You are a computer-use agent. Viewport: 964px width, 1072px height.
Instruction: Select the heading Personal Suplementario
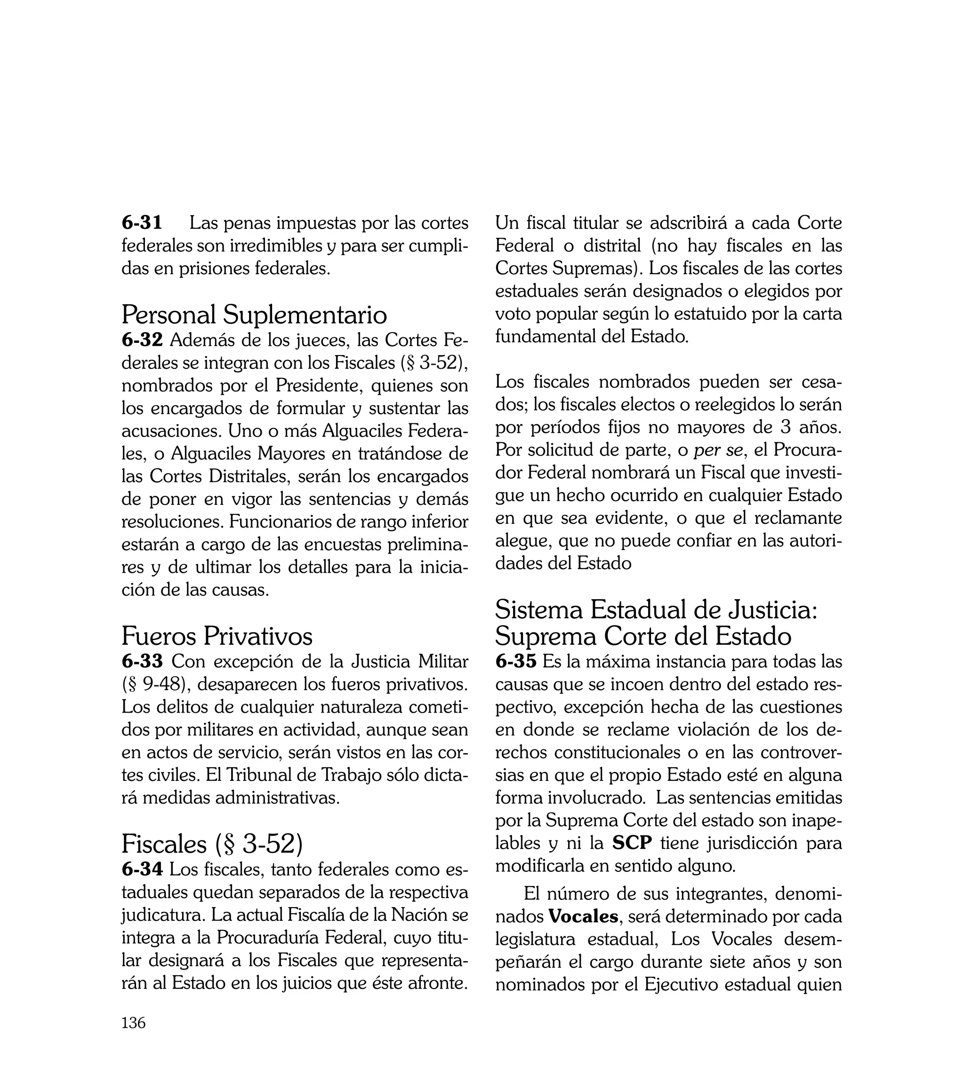[254, 315]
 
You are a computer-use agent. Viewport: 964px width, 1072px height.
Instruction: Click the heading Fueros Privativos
[217, 636]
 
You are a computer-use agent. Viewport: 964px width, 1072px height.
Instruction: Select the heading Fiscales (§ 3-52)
[212, 844]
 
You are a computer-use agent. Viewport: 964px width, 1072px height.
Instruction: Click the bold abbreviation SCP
[632, 843]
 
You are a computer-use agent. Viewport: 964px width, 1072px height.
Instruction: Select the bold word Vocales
[583, 916]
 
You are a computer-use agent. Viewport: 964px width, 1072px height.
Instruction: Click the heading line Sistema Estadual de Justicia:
[656, 610]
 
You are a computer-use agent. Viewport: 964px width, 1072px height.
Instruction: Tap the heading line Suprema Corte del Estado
[643, 636]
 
